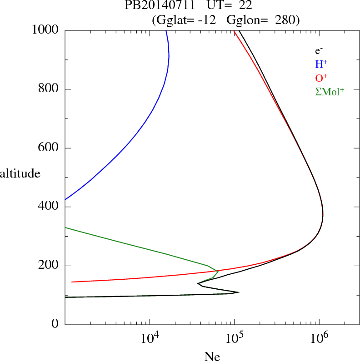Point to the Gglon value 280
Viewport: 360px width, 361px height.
[x=285, y=20]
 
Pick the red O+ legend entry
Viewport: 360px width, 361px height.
[x=322, y=78]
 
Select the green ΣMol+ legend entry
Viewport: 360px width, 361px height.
[x=330, y=91]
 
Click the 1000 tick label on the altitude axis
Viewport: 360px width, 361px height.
[x=45, y=30]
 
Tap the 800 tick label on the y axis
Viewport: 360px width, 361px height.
[x=49, y=89]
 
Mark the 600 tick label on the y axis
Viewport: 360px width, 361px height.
[x=49, y=148]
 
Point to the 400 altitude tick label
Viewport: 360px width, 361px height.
[x=49, y=207]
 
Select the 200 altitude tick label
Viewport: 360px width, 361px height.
[x=49, y=266]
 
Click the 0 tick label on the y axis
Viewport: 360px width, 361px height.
[x=55, y=324]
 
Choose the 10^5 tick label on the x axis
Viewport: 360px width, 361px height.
[x=235, y=338]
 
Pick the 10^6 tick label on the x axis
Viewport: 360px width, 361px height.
[x=319, y=338]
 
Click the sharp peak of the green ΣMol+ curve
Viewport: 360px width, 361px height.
[x=218, y=271]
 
